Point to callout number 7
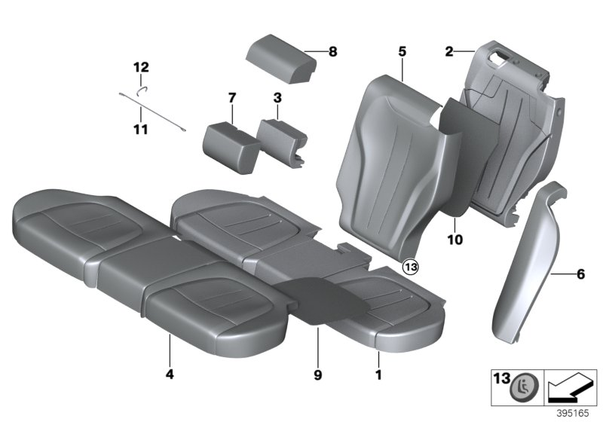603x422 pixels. coord(232,97)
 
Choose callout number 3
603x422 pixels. coord(277,97)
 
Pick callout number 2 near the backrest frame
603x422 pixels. coord(449,52)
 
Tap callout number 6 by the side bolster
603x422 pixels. coord(580,274)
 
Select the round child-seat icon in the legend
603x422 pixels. coord(521,388)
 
